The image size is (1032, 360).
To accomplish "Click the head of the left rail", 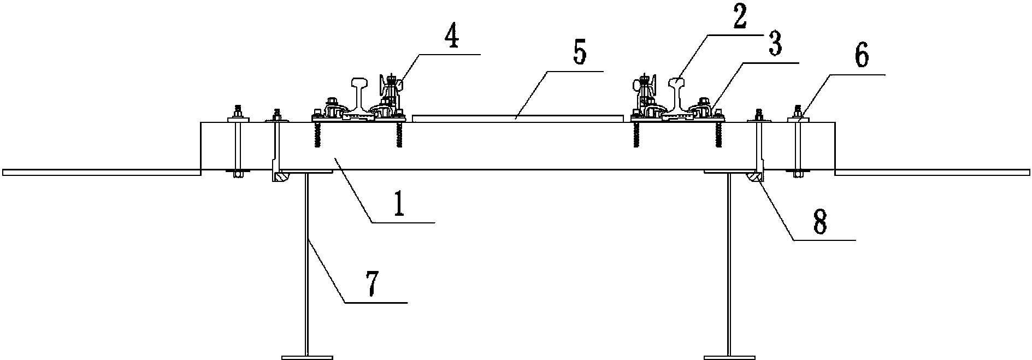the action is point(362,84).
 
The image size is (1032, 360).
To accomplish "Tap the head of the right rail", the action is point(678,84).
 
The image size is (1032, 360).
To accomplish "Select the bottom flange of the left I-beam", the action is point(307,357).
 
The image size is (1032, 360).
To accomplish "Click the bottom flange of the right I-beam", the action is point(729,357).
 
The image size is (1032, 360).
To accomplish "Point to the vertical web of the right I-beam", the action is point(729,264).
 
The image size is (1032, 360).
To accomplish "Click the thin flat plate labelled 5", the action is point(518,117).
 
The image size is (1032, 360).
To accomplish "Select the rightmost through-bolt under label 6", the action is point(797,143).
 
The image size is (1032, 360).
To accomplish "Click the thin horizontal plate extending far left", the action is point(101,173).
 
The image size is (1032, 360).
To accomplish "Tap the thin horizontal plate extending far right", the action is point(933,173).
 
